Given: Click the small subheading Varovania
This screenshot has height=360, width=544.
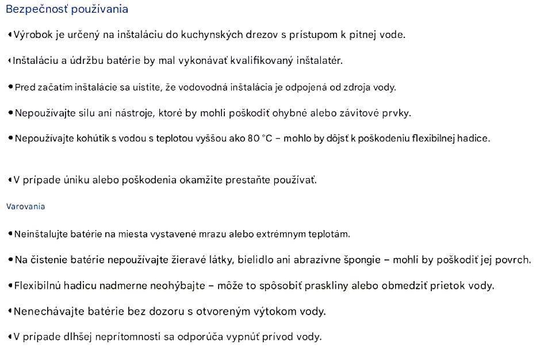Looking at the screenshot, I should pyautogui.click(x=25, y=206).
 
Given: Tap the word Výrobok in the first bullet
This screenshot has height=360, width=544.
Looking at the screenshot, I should pyautogui.click(x=35, y=35).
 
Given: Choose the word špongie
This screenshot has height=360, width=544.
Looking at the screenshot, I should pyautogui.click(x=360, y=260).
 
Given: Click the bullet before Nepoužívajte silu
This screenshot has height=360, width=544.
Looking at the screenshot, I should pyautogui.click(x=10, y=113).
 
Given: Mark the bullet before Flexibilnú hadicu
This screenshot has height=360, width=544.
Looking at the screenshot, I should pyautogui.click(x=10, y=285).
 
